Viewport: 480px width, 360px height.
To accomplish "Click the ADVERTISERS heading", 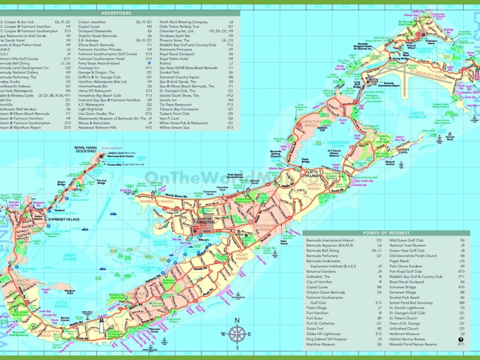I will (x=116, y=13).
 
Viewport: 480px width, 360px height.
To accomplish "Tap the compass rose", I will (x=236, y=333).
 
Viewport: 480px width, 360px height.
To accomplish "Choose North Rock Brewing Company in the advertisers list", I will (x=183, y=22).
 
